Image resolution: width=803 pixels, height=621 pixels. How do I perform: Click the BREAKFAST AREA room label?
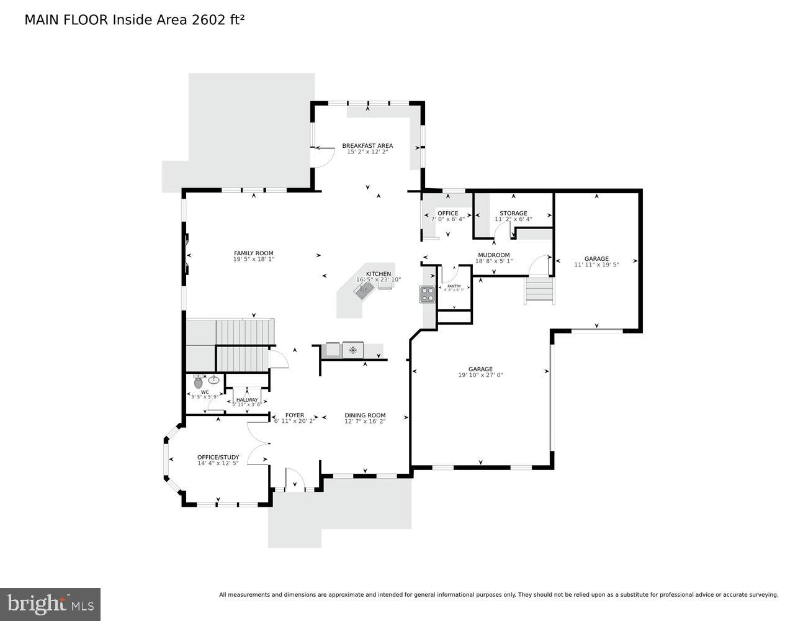(x=367, y=146)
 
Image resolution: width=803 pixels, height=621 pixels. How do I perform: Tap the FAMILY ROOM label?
(x=253, y=253)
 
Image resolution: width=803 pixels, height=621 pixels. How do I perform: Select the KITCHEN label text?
(x=378, y=274)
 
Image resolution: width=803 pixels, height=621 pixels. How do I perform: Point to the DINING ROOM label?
(x=365, y=415)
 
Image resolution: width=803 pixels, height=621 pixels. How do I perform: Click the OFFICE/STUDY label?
(x=218, y=457)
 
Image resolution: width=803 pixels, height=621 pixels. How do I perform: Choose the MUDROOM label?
(x=493, y=255)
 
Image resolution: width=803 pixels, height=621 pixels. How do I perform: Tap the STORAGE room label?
(x=513, y=213)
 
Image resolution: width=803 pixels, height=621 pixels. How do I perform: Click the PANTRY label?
(x=454, y=286)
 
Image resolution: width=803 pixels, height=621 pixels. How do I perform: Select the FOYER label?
(x=295, y=415)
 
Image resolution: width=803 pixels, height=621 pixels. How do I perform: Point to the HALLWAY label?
(x=246, y=399)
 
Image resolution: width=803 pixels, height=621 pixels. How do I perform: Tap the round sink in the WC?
(x=213, y=379)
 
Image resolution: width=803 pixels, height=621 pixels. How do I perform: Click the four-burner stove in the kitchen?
(x=427, y=294)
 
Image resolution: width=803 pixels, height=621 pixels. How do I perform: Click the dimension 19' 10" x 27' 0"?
(x=480, y=375)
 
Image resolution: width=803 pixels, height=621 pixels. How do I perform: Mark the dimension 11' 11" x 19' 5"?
(x=596, y=265)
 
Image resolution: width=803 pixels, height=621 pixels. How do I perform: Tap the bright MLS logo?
(x=50, y=604)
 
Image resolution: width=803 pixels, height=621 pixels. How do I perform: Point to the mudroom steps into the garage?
(x=539, y=291)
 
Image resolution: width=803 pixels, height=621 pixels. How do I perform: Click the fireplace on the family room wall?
(x=186, y=253)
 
